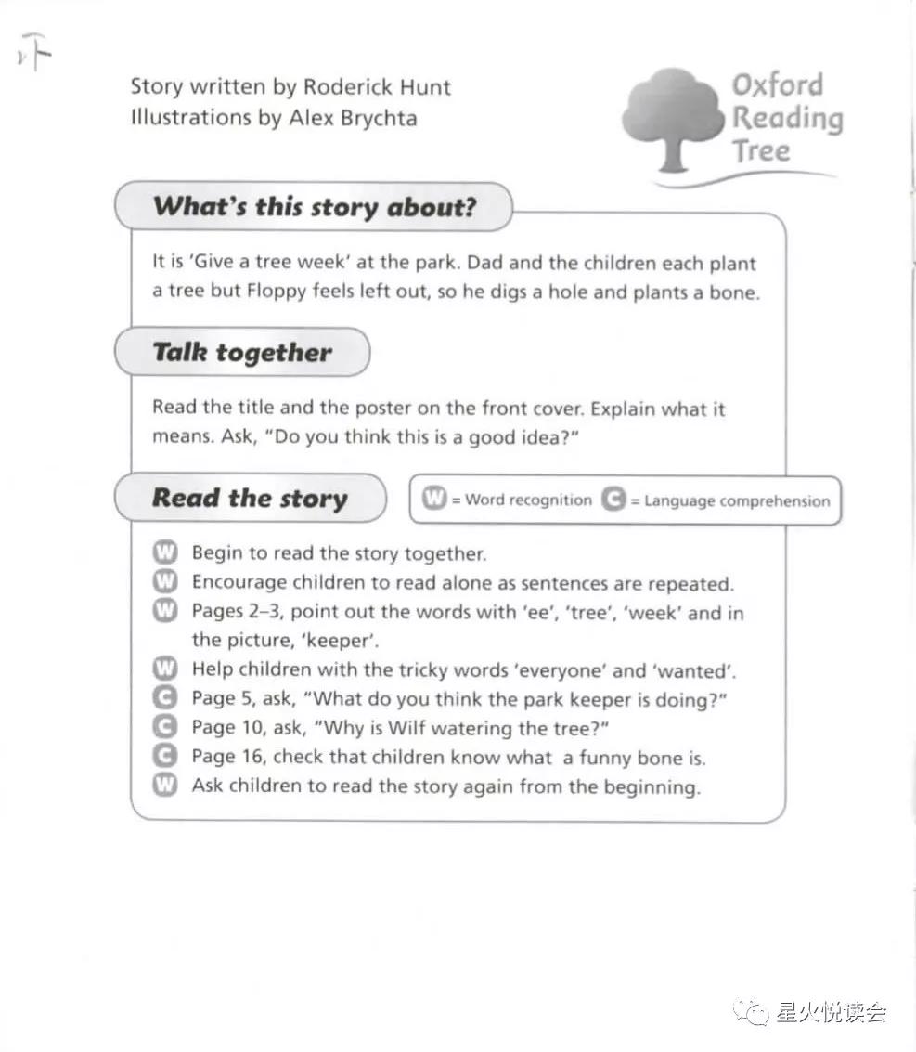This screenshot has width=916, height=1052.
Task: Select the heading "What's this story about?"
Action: point(314,206)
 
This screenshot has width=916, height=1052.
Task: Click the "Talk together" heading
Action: point(241,353)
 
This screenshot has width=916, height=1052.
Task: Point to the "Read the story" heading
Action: point(250,498)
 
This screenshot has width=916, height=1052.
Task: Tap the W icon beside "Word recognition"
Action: point(434,500)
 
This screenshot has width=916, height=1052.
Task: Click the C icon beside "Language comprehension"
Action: point(613,500)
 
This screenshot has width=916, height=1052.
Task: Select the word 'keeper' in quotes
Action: point(348,641)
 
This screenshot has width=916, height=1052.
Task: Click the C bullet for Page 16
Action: point(164,757)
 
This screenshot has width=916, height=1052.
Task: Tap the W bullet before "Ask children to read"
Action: point(164,786)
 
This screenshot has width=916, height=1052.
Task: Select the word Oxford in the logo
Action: point(778,85)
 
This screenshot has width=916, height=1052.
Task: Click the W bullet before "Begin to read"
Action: point(164,553)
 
